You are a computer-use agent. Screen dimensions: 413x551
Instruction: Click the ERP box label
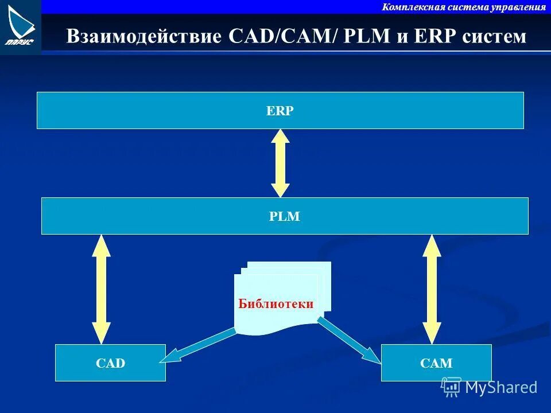click(280, 111)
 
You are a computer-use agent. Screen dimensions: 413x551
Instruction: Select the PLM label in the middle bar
click(285, 217)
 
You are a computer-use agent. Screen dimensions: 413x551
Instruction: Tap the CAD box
click(111, 363)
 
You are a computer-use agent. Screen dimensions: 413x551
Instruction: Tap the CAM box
click(436, 363)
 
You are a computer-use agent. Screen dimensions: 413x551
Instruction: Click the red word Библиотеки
click(276, 304)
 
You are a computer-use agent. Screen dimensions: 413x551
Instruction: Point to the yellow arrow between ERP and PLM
click(280, 163)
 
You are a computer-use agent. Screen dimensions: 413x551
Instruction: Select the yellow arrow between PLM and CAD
click(101, 289)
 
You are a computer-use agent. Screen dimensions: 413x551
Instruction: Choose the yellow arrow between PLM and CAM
click(432, 289)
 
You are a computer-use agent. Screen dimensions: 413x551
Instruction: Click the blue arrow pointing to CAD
click(197, 346)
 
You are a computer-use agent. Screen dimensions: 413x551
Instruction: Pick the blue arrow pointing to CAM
click(349, 340)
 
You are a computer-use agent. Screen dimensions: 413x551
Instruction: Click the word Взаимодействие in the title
click(144, 37)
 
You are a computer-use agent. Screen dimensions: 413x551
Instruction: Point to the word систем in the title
click(493, 37)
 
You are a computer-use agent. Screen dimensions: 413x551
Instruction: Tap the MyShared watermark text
click(501, 387)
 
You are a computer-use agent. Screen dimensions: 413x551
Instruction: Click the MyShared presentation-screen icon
click(452, 387)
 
